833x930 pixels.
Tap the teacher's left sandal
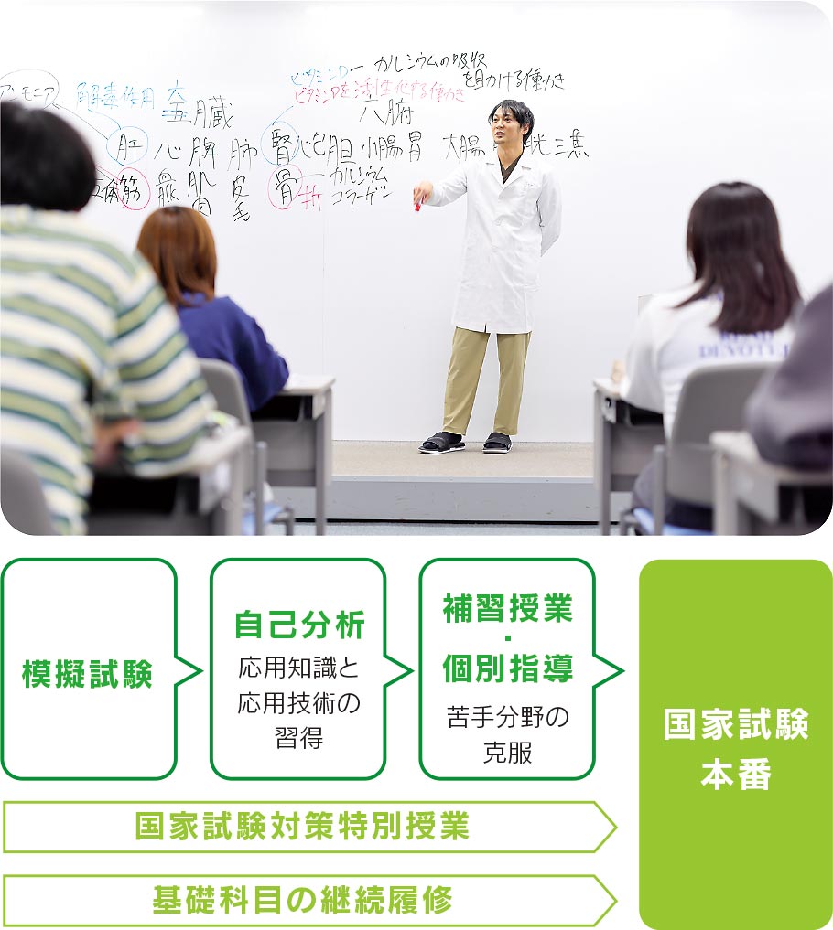(497, 443)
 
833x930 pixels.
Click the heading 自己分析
(298, 625)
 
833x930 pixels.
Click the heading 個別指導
(506, 668)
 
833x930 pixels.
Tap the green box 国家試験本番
(735, 746)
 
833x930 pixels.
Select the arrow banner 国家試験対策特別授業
(303, 827)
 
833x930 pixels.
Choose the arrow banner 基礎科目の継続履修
(303, 901)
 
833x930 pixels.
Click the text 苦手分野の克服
(506, 734)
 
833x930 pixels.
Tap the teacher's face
(509, 128)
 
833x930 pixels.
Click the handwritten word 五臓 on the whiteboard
(196, 116)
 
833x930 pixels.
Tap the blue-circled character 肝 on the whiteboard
(126, 146)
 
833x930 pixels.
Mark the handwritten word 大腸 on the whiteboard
(463, 146)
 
